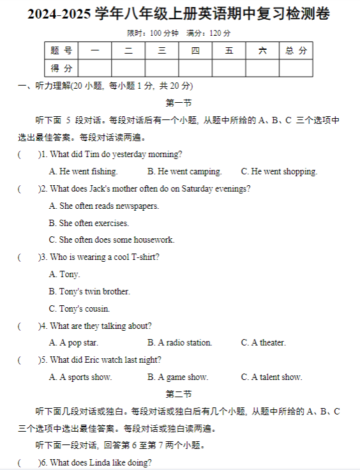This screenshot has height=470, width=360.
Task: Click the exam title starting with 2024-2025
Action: point(179,14)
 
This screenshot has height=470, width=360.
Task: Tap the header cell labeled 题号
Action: point(61,50)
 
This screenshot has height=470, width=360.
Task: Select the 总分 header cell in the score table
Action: point(296,50)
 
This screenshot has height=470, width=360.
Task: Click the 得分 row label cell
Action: point(61,68)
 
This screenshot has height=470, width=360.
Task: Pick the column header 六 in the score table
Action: point(262,50)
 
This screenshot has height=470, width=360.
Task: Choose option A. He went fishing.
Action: point(83,171)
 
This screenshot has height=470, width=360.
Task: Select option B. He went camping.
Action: point(184,171)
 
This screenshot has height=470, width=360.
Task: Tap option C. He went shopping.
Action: point(279,171)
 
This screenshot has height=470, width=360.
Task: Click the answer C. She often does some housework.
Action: point(111,240)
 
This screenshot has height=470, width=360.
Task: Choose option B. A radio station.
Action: point(179,343)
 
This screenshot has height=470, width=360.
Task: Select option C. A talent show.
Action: point(271,377)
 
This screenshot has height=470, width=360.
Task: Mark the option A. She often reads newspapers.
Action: point(104,206)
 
